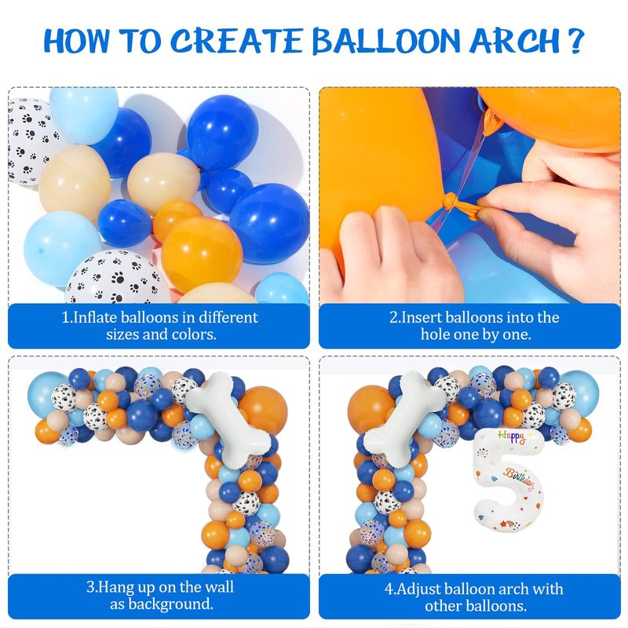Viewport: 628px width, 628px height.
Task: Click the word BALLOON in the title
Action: (x=386, y=41)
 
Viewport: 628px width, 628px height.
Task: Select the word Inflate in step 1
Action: (x=94, y=317)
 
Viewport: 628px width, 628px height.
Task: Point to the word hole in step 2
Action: (x=435, y=334)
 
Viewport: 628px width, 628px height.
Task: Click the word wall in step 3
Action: (x=219, y=586)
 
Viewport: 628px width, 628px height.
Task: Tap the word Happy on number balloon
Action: (x=512, y=436)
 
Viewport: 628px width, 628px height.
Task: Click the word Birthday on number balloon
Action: (x=519, y=479)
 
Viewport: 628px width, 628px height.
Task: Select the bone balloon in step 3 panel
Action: (x=228, y=419)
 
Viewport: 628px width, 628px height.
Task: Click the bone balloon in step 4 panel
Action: (x=405, y=419)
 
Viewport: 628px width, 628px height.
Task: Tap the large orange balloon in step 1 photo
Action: (x=203, y=254)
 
